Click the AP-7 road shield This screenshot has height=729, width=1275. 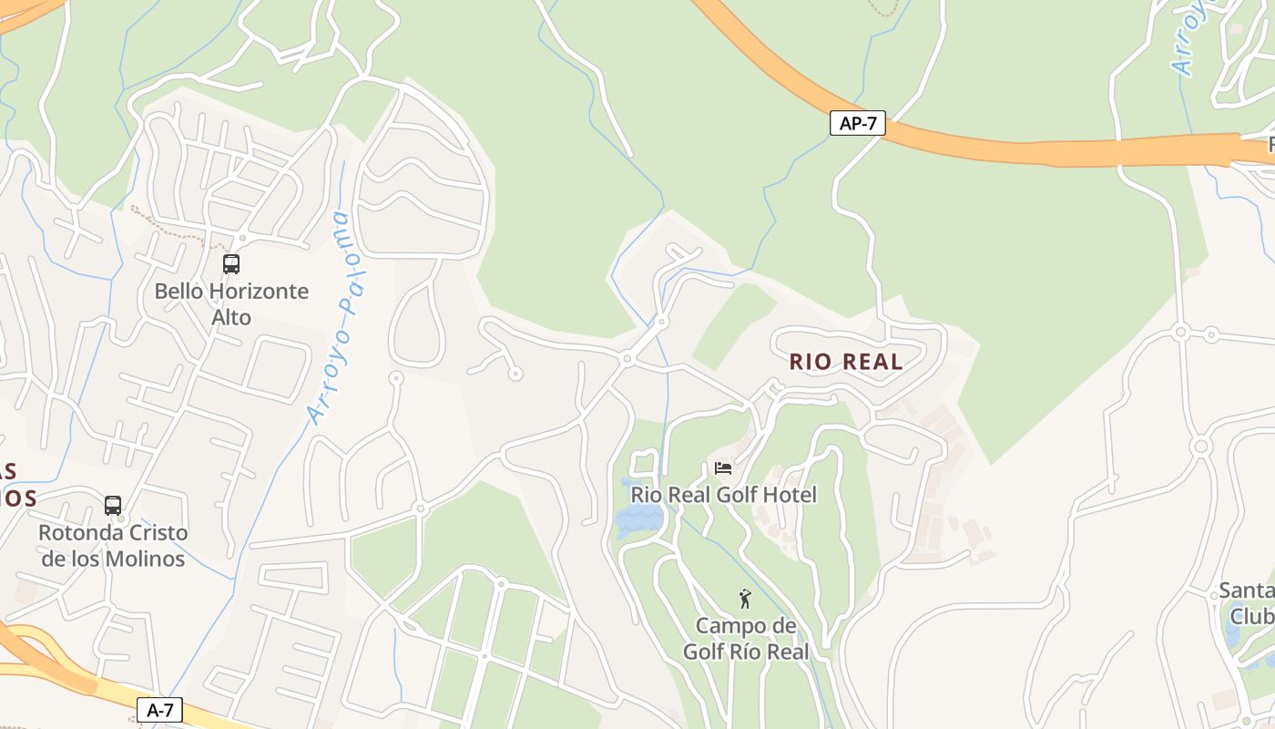click(x=858, y=123)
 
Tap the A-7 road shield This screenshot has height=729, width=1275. click(x=160, y=710)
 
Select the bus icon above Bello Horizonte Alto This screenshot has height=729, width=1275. click(x=231, y=264)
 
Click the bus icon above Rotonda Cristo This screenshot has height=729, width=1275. click(x=113, y=505)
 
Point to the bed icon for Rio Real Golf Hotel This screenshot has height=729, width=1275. click(x=723, y=468)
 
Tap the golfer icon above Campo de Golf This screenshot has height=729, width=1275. click(x=745, y=599)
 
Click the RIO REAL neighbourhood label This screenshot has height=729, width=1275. click(x=846, y=362)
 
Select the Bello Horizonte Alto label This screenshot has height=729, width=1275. click(x=231, y=304)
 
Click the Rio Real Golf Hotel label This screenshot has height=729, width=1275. click(x=724, y=495)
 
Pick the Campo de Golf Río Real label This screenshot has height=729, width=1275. click(x=746, y=639)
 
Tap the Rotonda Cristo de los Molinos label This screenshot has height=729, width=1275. click(x=113, y=545)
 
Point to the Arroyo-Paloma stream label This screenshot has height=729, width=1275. click(x=329, y=318)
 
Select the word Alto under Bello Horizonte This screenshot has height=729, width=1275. click(x=231, y=318)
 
